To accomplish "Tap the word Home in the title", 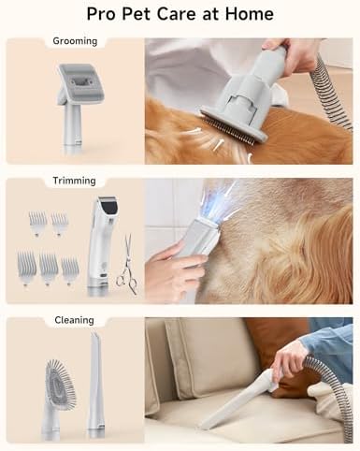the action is (249, 14).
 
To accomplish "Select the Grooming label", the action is (75, 41).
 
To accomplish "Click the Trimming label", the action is (74, 181).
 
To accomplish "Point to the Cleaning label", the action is (74, 320).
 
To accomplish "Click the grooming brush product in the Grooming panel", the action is (75, 106).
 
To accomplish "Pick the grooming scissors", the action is (127, 265).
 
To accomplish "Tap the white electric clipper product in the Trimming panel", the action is (100, 246).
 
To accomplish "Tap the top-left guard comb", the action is (37, 223).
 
